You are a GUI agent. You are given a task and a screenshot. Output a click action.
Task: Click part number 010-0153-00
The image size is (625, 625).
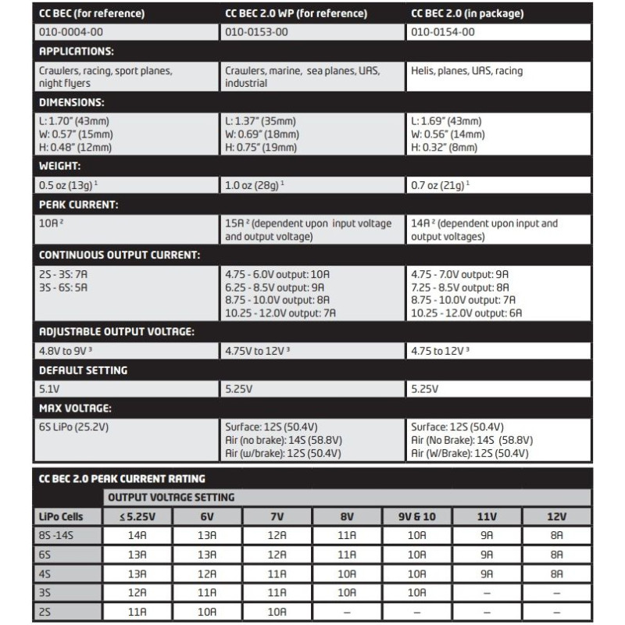point(257,32)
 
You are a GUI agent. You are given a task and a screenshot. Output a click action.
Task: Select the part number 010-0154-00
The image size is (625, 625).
point(442,32)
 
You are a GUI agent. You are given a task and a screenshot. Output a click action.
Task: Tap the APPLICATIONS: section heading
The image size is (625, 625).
point(77,52)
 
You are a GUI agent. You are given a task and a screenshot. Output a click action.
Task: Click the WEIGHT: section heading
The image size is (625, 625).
point(61,166)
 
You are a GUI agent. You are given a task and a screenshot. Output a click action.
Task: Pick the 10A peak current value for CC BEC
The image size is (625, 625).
point(50,223)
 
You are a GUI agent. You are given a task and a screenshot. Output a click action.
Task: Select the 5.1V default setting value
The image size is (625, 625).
point(48,388)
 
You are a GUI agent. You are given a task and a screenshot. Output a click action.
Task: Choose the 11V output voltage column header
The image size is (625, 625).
point(487,516)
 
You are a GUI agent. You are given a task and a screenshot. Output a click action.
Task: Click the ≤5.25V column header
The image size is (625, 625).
point(138,516)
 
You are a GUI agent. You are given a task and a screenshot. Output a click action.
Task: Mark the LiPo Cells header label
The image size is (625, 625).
point(60,516)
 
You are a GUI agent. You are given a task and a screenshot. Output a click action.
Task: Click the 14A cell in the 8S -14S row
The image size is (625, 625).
point(138,536)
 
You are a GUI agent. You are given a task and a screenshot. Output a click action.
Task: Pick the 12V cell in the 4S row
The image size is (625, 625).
point(556,573)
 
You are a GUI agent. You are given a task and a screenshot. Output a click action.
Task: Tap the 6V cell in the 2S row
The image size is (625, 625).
point(209,611)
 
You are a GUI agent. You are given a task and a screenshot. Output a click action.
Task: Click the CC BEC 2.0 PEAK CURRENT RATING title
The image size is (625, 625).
point(122,478)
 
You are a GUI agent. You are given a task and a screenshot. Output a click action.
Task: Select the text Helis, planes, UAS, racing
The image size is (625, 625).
point(466,71)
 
